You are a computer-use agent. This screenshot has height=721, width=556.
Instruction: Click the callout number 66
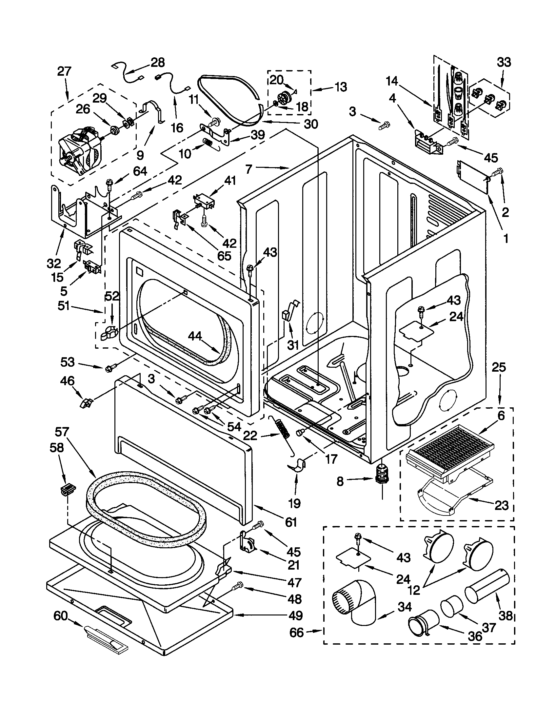296,633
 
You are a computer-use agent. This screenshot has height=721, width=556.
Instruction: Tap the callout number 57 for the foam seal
62,432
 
